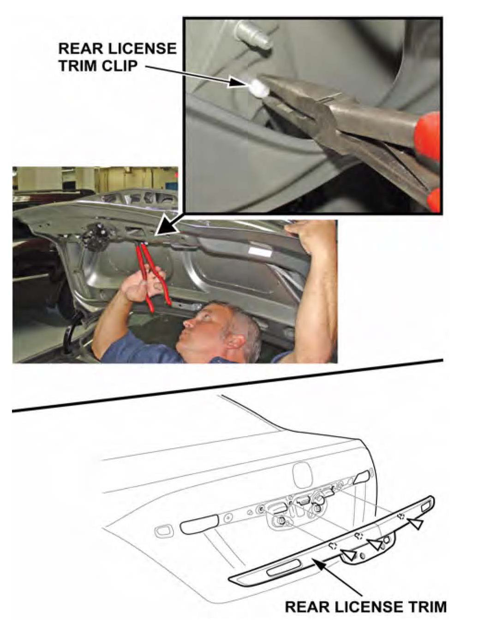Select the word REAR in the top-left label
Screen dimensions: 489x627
click(78, 48)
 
